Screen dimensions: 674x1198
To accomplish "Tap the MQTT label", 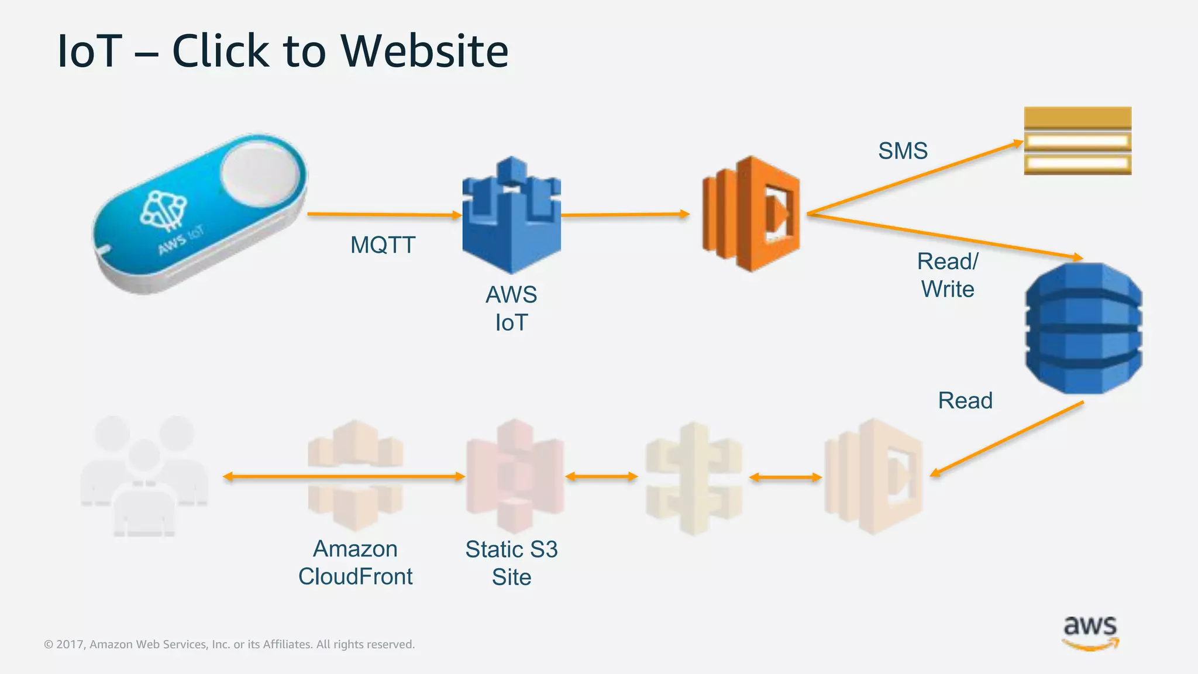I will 383,245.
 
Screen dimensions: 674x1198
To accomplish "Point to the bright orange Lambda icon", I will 751,214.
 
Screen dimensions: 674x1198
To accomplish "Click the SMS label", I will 903,151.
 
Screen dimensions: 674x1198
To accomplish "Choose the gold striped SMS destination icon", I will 1077,141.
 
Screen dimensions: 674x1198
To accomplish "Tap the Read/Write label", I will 948,276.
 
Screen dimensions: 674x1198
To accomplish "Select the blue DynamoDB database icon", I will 1083,328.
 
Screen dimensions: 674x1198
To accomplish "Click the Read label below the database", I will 965,401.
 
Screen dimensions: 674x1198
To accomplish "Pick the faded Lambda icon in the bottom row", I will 873,476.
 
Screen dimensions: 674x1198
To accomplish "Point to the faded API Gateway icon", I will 694,477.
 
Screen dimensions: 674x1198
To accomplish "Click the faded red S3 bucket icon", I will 515,475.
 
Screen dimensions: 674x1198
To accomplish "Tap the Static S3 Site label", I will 511,563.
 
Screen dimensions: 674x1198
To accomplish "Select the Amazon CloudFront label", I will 355,563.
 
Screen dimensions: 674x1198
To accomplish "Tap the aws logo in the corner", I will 1090,632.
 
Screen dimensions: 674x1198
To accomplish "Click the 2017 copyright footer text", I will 229,644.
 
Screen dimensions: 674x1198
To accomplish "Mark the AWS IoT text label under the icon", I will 511,308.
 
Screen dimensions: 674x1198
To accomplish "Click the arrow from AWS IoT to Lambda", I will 625,215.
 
